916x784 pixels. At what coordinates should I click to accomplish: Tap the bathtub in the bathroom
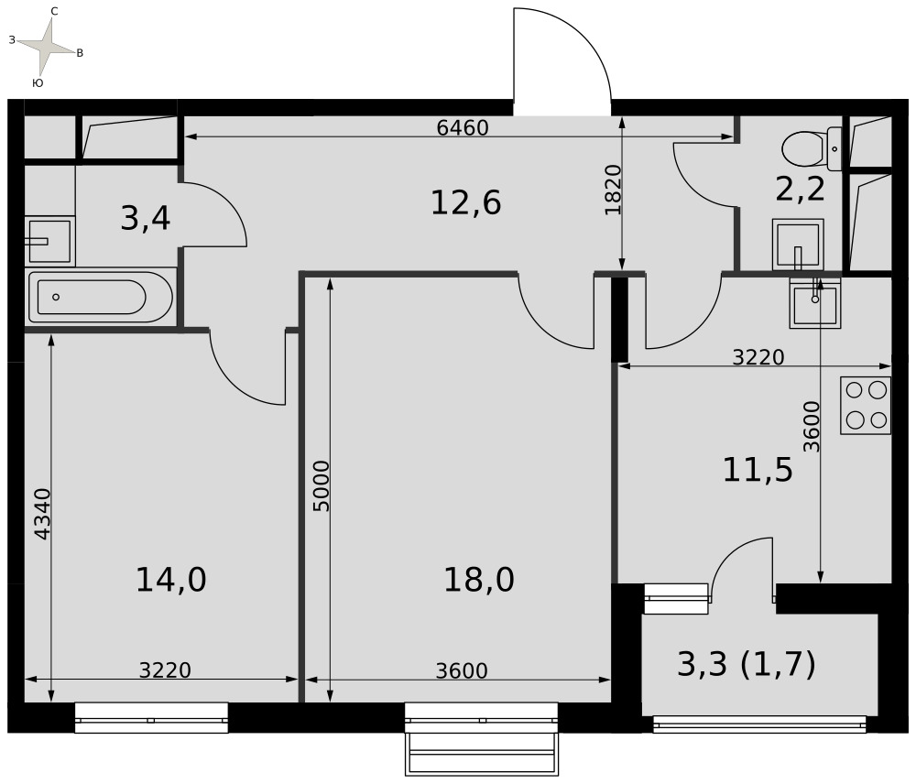click(101, 297)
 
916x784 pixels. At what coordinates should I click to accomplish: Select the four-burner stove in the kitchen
click(866, 406)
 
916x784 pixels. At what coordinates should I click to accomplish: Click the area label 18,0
click(479, 580)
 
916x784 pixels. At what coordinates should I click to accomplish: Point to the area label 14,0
click(171, 580)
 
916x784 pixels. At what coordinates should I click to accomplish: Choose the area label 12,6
click(465, 202)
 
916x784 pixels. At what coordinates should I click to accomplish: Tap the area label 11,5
click(758, 470)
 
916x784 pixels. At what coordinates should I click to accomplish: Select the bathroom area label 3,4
click(146, 219)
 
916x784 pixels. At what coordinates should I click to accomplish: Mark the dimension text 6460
click(463, 127)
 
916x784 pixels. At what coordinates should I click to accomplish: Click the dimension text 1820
click(613, 190)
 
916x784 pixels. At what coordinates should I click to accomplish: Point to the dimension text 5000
click(322, 486)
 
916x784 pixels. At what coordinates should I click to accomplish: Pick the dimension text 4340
click(43, 514)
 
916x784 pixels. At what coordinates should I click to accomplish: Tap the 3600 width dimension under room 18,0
click(462, 671)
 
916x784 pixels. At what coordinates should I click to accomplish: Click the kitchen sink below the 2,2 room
click(815, 303)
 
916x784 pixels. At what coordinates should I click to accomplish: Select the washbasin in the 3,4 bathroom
click(49, 240)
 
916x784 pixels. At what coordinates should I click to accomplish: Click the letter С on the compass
click(54, 12)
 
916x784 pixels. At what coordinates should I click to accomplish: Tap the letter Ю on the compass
click(38, 83)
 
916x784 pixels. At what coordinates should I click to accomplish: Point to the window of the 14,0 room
click(151, 717)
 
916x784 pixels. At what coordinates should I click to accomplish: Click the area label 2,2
click(801, 189)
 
